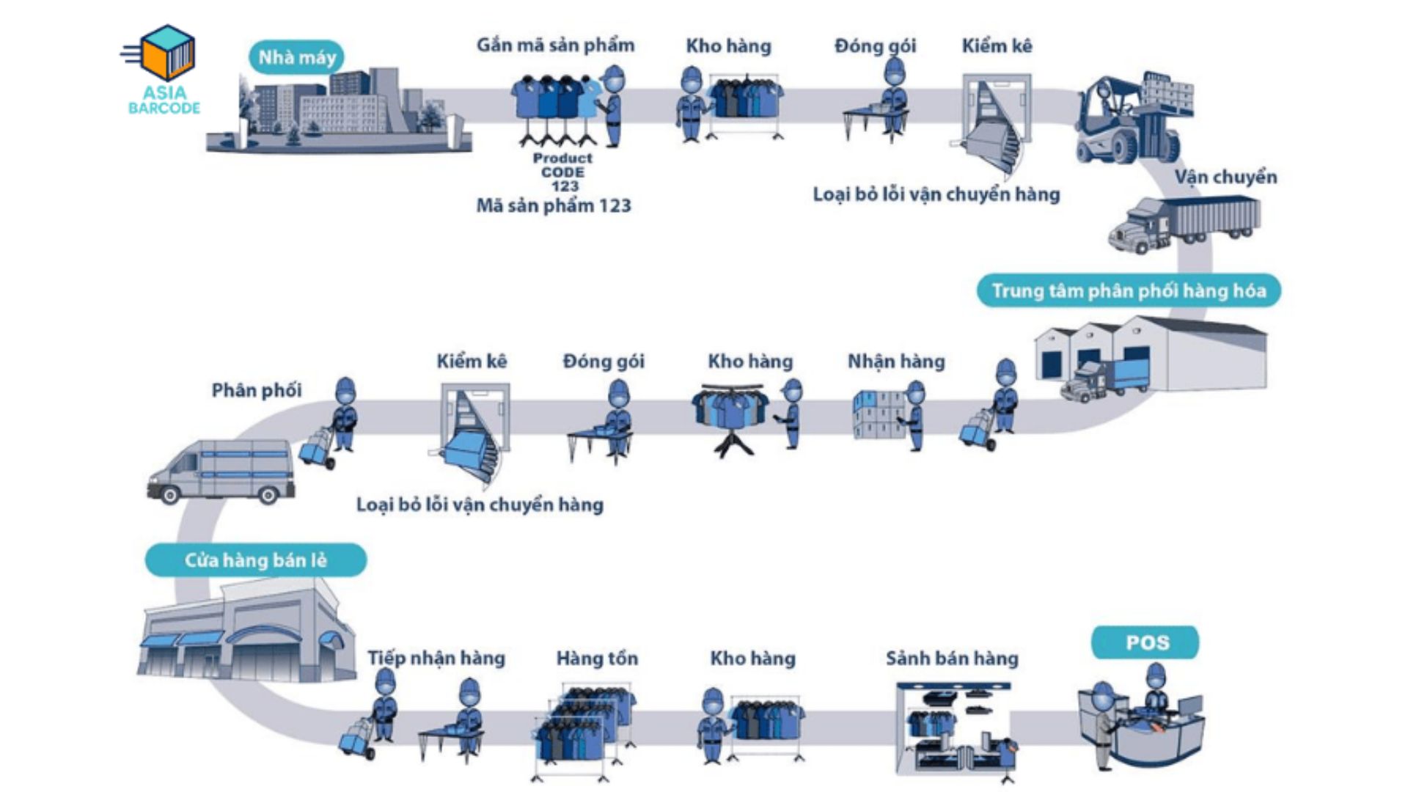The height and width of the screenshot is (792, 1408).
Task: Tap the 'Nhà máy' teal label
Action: [x=296, y=57]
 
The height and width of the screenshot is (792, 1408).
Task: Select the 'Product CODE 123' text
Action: [x=562, y=172]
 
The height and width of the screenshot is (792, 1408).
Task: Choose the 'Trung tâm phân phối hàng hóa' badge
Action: [x=1129, y=291]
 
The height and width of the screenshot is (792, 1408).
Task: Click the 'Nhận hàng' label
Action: [x=896, y=362]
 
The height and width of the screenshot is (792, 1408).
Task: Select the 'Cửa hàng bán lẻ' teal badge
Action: [x=255, y=560]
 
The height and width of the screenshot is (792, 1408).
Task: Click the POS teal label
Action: [x=1146, y=643]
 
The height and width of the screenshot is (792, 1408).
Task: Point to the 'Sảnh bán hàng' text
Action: [x=952, y=659]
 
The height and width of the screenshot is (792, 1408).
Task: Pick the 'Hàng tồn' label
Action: [x=597, y=659]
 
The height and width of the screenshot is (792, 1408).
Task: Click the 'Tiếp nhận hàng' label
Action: [x=436, y=658]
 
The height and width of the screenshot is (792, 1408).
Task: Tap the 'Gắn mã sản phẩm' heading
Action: [x=555, y=45]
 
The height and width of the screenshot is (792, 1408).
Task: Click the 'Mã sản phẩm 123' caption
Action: [x=554, y=206]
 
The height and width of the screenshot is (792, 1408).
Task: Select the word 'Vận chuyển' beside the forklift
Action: [x=1225, y=177]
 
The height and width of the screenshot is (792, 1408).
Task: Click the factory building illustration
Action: [x=337, y=110]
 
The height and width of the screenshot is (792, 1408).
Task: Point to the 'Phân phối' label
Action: [x=257, y=390]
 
